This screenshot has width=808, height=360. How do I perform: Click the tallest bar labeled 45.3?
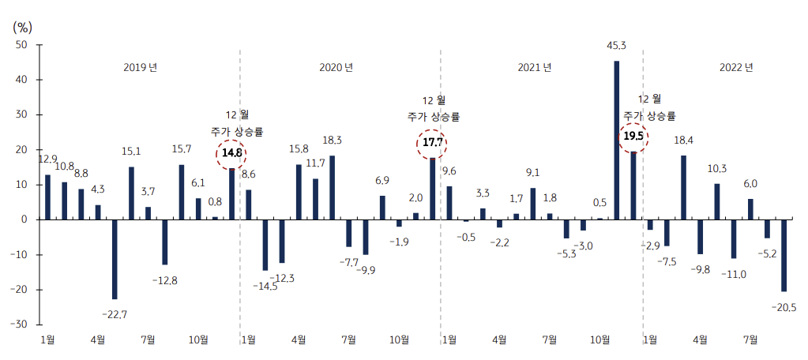(617, 141)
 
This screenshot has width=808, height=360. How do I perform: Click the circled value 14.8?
(231, 153)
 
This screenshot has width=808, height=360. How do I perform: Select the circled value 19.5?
(634, 137)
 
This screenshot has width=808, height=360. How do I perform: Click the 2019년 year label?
(141, 67)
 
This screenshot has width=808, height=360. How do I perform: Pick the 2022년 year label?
(736, 67)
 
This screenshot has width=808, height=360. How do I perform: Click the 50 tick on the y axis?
(22, 45)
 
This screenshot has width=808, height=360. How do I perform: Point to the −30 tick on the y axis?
(19, 324)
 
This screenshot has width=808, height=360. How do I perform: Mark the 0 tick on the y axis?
(25, 219)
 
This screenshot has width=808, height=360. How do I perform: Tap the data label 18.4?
(683, 140)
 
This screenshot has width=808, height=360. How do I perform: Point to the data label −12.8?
(165, 279)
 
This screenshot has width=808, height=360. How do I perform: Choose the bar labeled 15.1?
(131, 193)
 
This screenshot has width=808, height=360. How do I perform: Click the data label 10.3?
(717, 168)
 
